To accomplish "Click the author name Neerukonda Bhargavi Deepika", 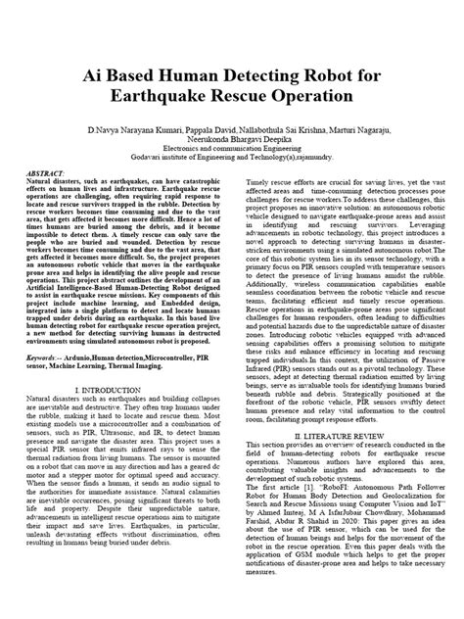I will (x=231, y=140).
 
